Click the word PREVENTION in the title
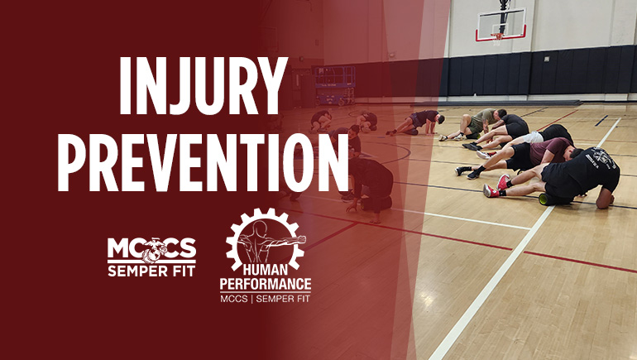pyautogui.click(x=204, y=162)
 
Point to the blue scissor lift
pyautogui.click(x=334, y=84)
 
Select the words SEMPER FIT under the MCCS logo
pyautogui.click(x=151, y=271)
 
